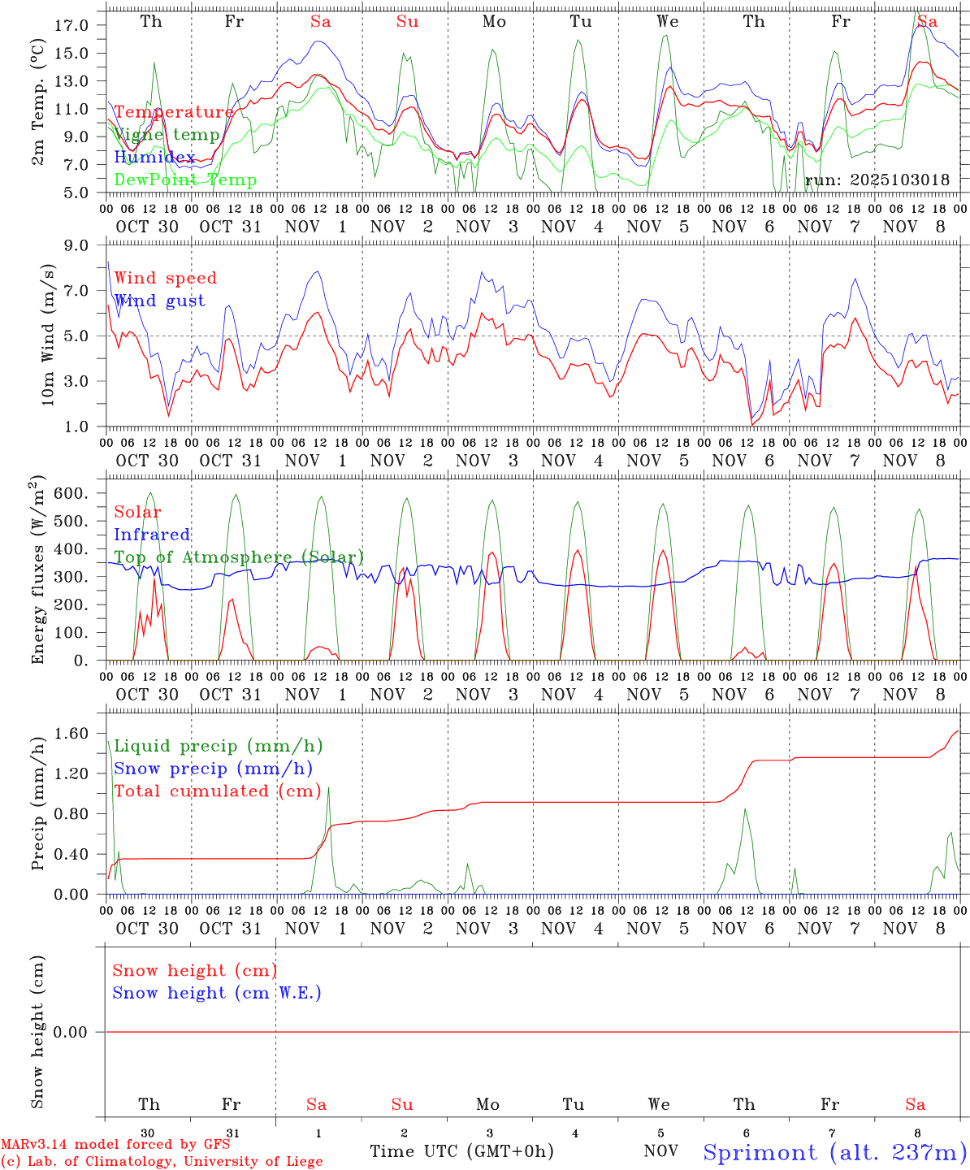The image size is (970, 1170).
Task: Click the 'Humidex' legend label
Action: point(154,158)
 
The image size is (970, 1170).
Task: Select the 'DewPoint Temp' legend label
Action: point(185,180)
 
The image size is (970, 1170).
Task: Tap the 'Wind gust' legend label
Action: point(159,301)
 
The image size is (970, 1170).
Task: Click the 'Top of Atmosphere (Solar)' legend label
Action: point(239,557)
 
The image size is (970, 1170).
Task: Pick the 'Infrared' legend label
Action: point(152,535)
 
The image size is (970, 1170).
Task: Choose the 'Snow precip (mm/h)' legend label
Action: point(213,769)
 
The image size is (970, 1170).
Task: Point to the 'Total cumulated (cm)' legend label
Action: point(217,791)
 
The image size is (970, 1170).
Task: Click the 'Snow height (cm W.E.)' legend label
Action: point(217,993)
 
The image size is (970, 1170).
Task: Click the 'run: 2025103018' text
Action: point(877,180)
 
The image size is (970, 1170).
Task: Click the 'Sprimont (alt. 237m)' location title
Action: point(834,1152)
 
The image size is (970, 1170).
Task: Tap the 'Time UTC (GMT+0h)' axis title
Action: point(461,1151)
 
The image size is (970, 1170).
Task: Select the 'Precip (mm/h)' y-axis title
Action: point(38,803)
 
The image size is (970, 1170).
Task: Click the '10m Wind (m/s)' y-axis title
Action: point(48,335)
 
